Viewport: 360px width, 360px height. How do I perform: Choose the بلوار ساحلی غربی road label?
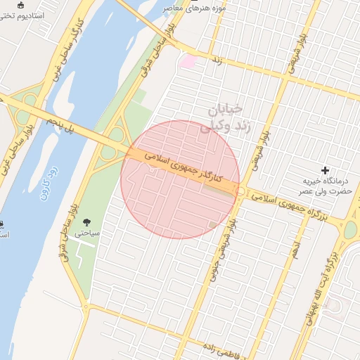[x=17, y=144]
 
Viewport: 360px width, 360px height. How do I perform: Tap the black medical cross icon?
[x=325, y=170]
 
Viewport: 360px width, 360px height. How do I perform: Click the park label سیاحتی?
[x=91, y=233]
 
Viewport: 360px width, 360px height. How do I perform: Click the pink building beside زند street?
[x=187, y=62]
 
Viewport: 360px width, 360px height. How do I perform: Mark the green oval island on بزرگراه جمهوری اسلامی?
[x=350, y=229]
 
